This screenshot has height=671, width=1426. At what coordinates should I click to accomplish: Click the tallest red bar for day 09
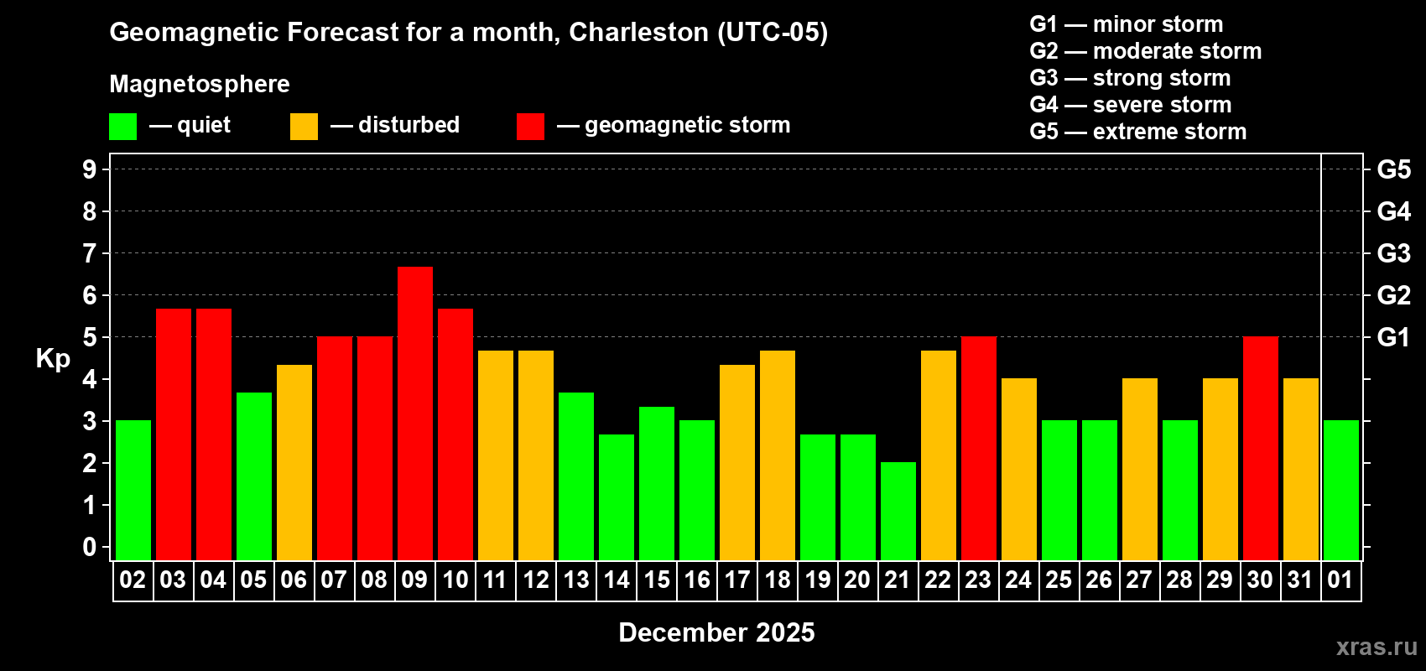pos(415,413)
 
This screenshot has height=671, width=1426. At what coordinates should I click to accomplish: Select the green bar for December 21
pos(898,510)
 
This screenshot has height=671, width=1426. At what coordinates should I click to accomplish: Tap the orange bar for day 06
pos(294,461)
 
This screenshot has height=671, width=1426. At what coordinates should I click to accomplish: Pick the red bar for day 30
pos(1261,448)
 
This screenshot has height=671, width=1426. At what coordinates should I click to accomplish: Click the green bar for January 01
pos(1341,490)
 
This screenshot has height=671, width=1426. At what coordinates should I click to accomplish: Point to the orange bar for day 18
pos(778,455)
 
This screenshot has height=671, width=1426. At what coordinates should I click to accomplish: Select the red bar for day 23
pos(979,448)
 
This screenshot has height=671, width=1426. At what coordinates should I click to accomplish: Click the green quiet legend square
pos(123,127)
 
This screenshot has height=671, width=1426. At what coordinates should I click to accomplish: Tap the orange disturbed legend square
pos(304,127)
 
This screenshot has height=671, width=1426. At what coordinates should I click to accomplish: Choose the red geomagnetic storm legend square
pos(530,127)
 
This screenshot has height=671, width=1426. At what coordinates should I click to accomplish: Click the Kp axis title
pos(53,359)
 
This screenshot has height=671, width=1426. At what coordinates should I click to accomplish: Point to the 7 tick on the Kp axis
pos(90,253)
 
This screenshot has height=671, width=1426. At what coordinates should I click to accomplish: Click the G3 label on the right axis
pos(1393,253)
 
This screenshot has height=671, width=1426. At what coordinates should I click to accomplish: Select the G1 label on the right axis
pos(1393,337)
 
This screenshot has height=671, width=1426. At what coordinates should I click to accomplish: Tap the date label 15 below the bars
pos(657,580)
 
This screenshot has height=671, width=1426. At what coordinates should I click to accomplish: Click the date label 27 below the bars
pos(1138,580)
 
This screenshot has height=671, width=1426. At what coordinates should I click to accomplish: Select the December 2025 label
pos(716,632)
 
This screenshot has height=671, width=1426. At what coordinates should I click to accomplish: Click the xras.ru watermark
pos(1376,646)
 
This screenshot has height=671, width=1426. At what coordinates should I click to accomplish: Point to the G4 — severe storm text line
pos(1130,105)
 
